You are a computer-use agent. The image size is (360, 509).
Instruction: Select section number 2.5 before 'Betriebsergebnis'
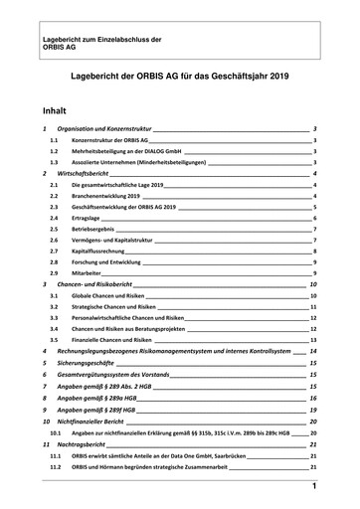56,230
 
